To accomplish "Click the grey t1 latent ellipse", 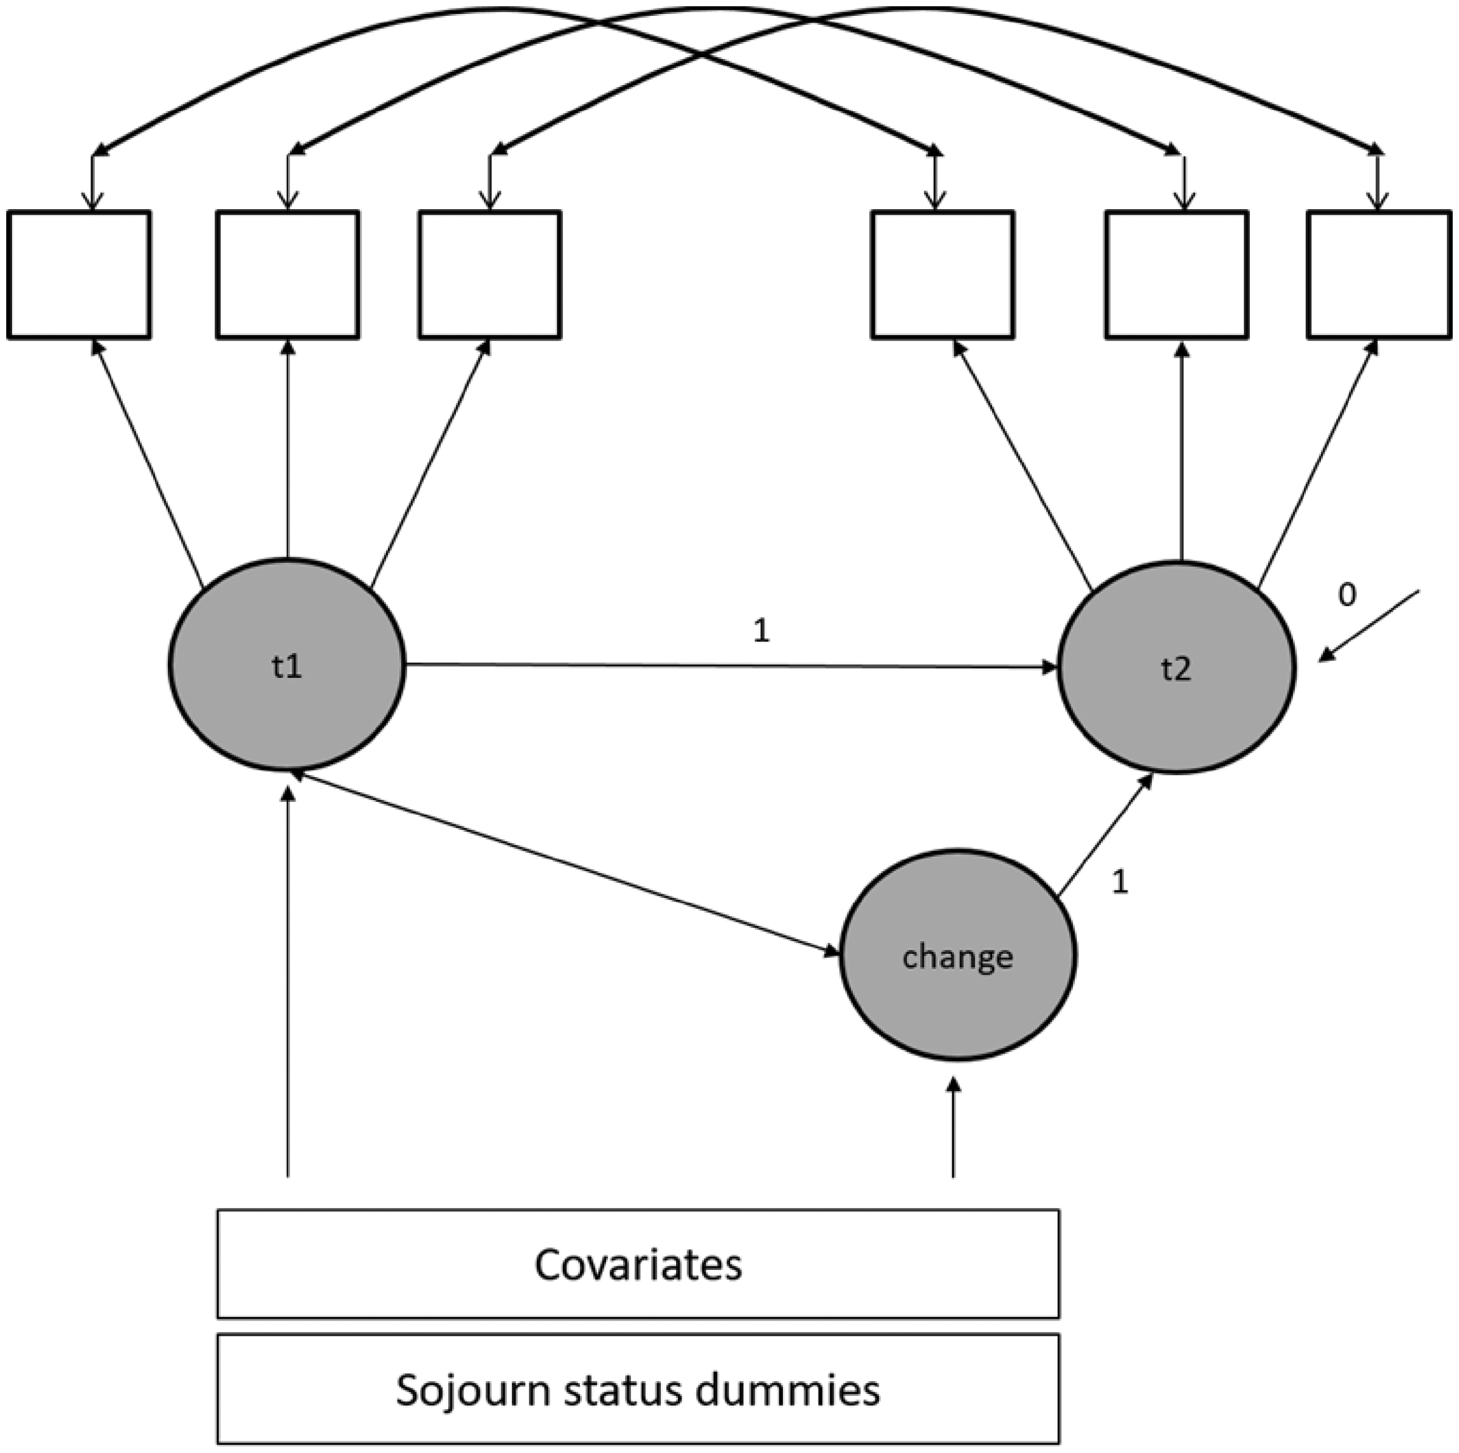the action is (x=287, y=664).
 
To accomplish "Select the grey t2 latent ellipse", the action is (x=1176, y=667).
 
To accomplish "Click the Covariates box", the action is (x=638, y=1264).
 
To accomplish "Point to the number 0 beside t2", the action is (x=1347, y=596).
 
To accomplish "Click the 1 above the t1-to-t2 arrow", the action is (x=761, y=630).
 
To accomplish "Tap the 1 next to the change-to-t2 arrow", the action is (x=1120, y=882).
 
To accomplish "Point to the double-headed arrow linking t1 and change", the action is (x=567, y=863).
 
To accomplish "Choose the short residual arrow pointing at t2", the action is (x=1369, y=626).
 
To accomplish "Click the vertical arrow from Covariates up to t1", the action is (x=287, y=981).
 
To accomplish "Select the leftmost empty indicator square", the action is (x=78, y=274).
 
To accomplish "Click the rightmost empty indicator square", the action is (x=1379, y=274).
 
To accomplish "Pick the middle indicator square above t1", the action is (x=288, y=274).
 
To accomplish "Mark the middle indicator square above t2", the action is (x=1176, y=274).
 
